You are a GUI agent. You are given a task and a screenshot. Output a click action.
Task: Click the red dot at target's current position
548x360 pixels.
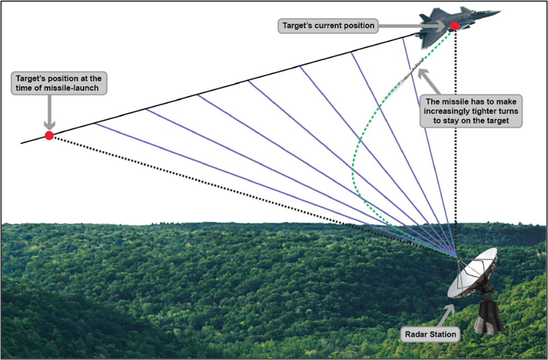pyautogui.click(x=454, y=25)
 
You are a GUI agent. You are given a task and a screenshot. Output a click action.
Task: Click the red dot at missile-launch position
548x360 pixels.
pyautogui.click(x=49, y=136)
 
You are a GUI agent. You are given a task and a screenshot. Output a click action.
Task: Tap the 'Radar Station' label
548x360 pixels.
pyautogui.click(x=431, y=334)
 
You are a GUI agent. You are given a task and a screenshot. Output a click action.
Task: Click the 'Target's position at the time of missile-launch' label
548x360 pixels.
pyautogui.click(x=58, y=84)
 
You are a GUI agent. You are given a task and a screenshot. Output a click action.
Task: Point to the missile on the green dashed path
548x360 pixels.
pyautogui.click(x=411, y=73)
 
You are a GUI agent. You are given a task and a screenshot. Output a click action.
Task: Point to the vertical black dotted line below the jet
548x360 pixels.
pyautogui.click(x=455, y=138)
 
